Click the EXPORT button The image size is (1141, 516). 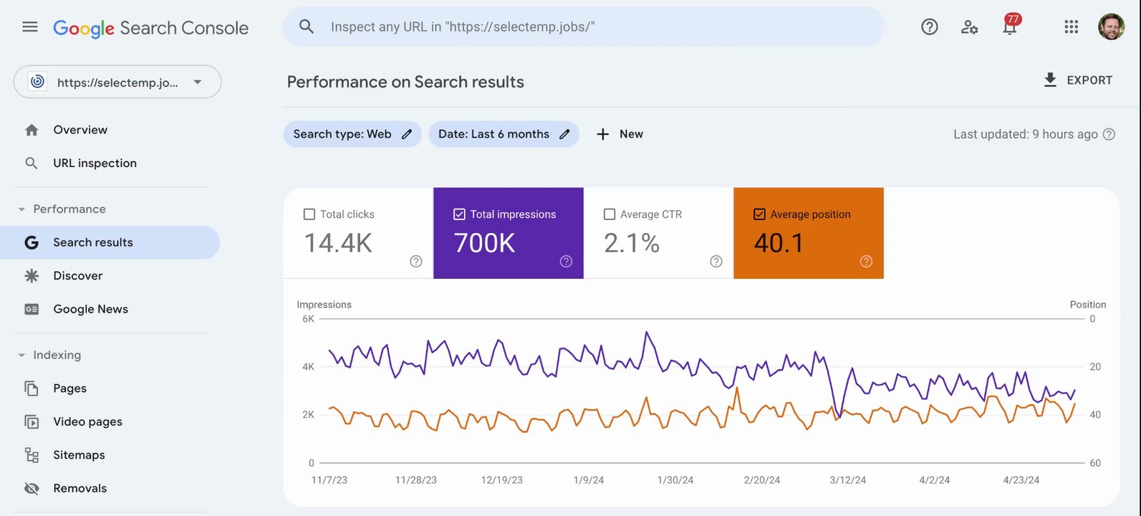[x=1077, y=80]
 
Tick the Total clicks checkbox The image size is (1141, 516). [x=309, y=214]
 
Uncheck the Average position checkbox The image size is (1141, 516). [x=759, y=214]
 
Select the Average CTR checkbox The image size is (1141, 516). [x=610, y=214]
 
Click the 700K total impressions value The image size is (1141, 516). [x=484, y=244]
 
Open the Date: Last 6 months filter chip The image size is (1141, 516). [x=503, y=134]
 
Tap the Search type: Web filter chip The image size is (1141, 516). [x=352, y=134]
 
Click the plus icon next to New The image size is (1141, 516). [x=603, y=134]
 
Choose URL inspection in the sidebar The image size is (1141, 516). [x=95, y=163]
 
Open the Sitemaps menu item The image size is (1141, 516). [x=79, y=455]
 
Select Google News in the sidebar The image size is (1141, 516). [x=90, y=309]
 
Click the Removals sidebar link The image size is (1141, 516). [x=80, y=489]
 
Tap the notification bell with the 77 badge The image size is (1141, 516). [x=1010, y=27]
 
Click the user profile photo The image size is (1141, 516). [x=1111, y=27]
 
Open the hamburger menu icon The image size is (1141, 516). [x=30, y=27]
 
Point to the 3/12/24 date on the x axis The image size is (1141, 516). [x=847, y=480]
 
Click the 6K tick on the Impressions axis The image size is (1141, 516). [x=308, y=319]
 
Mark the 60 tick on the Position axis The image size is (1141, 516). [x=1095, y=463]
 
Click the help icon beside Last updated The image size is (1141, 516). [x=1109, y=134]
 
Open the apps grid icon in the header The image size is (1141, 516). [x=1071, y=27]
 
